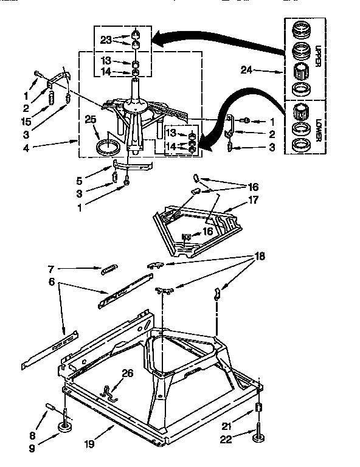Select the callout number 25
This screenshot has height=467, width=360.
tap(91, 120)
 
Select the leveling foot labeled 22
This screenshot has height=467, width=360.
tap(260, 435)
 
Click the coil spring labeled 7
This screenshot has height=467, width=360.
tap(108, 268)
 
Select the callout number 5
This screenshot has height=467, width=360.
tap(79, 181)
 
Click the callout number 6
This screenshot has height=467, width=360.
tap(53, 283)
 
